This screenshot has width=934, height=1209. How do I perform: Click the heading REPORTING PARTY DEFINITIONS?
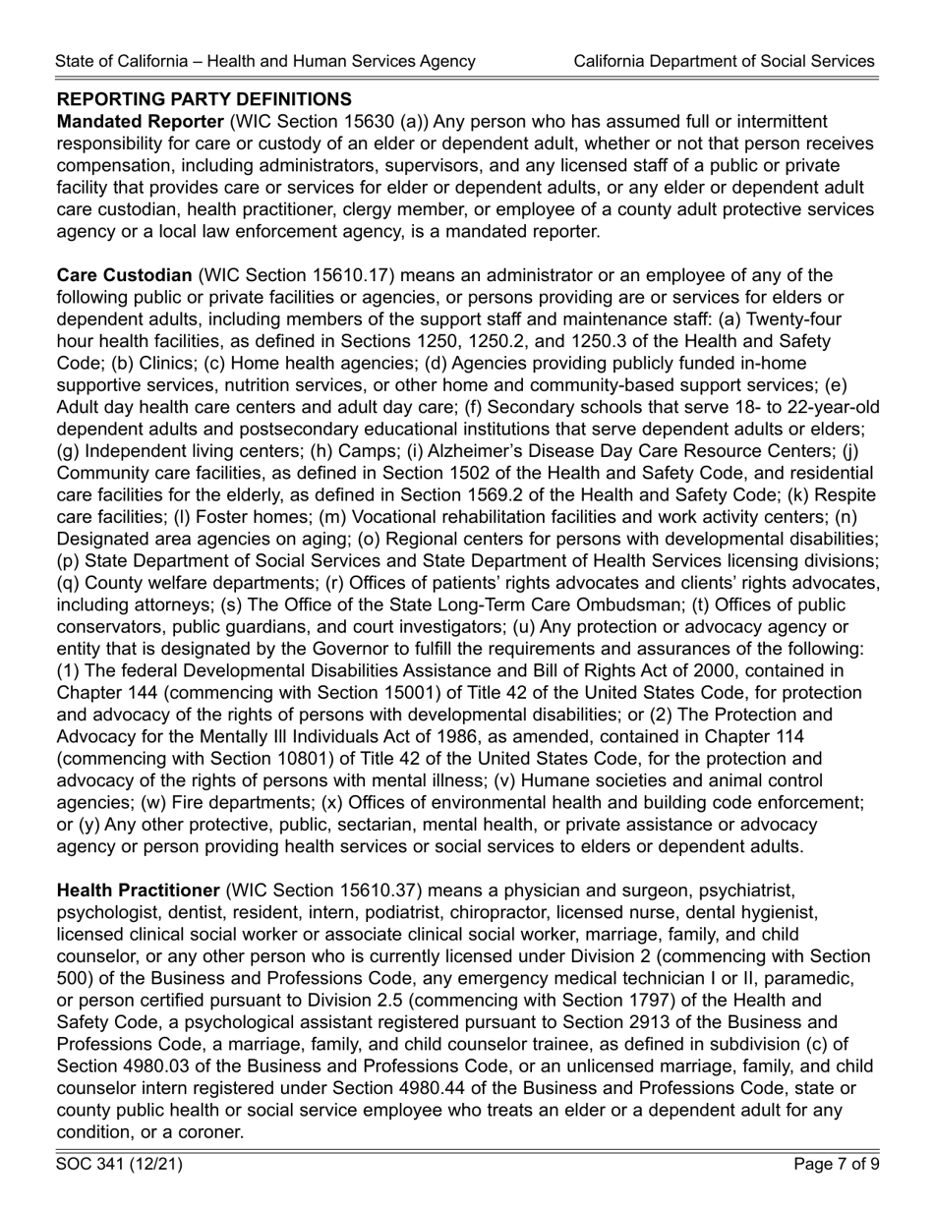(204, 99)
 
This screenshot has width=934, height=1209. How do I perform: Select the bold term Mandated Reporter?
(140, 122)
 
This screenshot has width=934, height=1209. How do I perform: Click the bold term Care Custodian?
(124, 274)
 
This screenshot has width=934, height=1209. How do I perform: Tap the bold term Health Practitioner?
(139, 891)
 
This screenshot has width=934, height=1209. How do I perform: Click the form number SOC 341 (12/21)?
(119, 1165)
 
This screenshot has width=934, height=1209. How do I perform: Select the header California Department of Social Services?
(724, 61)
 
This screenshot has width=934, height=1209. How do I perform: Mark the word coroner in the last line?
(211, 1131)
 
